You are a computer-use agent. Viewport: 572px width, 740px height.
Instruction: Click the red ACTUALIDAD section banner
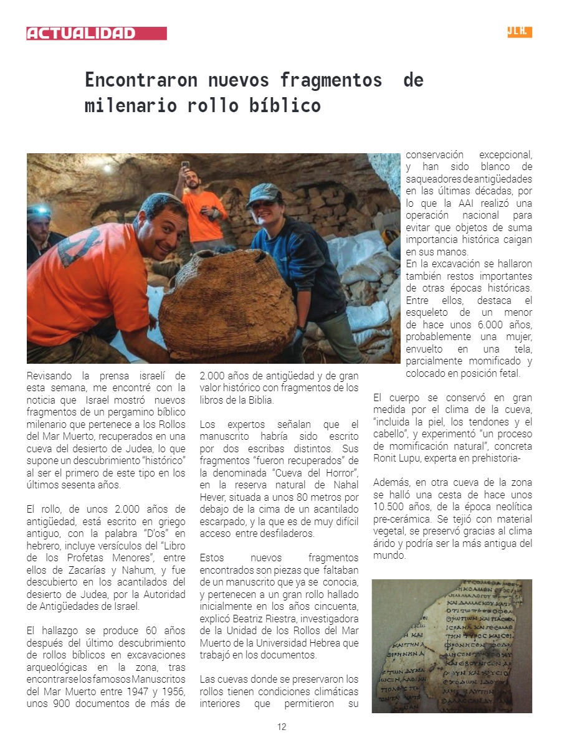(96, 33)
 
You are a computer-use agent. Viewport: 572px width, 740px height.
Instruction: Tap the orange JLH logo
(519, 32)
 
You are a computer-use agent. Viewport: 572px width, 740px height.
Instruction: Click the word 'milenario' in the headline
(123, 105)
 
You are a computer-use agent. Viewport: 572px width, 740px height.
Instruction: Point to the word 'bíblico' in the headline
(291, 105)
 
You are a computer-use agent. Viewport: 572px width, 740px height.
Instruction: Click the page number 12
(282, 727)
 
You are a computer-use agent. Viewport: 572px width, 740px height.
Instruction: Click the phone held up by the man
(185, 166)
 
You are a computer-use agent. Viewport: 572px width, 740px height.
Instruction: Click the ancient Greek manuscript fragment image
(451, 646)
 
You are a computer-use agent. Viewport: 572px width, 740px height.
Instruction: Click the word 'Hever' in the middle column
(212, 496)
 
